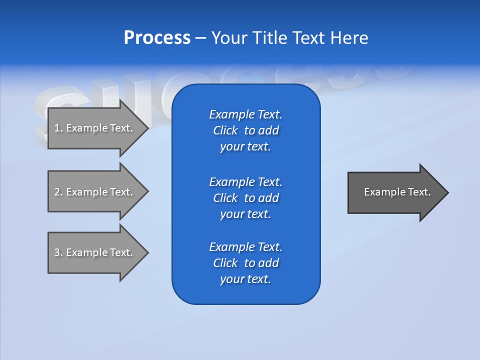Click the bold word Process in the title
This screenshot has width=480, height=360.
click(157, 38)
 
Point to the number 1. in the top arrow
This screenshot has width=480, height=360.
click(58, 128)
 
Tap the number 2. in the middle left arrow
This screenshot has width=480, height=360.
click(58, 192)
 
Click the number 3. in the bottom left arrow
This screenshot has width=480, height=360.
click(58, 252)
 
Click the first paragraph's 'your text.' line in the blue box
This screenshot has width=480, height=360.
click(245, 147)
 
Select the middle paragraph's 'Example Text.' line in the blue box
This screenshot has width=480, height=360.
click(245, 181)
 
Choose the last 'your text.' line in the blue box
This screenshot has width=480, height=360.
click(245, 279)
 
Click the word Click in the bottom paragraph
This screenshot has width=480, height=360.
click(225, 263)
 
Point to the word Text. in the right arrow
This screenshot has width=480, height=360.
click(419, 192)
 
